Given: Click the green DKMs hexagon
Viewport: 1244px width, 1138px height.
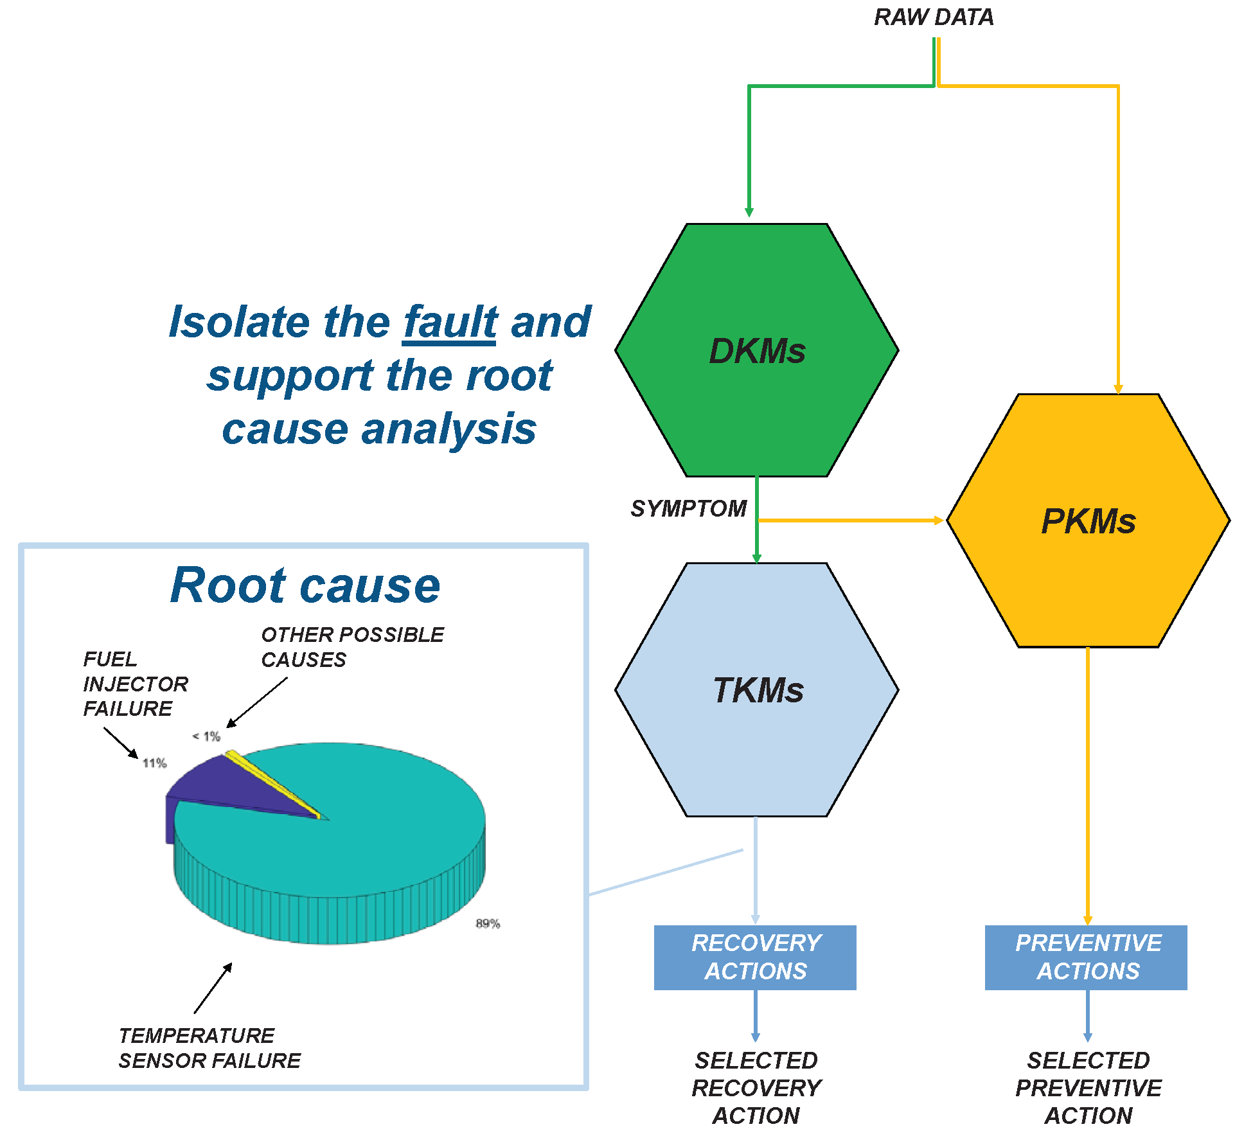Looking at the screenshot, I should [756, 350].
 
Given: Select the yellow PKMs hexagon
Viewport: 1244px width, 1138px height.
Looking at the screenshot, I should [1088, 520].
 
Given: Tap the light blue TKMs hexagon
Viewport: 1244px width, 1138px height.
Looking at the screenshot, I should [756, 690].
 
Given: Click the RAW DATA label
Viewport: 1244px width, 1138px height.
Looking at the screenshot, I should [934, 17].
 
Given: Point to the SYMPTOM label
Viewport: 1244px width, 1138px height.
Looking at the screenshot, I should [688, 508].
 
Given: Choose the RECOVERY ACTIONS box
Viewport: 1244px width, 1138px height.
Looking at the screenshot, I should [755, 957].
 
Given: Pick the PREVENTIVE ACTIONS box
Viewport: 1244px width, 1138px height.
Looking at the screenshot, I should [1086, 957].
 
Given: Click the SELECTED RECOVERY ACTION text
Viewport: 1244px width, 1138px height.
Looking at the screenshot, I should [756, 1088].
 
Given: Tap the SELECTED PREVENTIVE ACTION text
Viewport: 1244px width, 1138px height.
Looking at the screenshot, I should [1088, 1088].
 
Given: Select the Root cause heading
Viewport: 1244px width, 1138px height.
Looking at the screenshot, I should [305, 585].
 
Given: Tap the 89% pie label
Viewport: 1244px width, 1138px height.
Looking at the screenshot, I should [488, 923].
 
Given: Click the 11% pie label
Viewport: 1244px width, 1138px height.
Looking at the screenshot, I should [154, 763].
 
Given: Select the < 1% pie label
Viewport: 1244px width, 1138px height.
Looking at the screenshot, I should [206, 736].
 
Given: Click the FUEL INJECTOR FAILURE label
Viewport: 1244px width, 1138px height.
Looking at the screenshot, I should [135, 684].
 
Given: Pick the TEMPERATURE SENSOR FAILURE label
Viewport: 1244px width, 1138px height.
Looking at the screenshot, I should [209, 1048].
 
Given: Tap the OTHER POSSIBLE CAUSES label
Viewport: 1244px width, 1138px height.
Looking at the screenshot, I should [352, 647].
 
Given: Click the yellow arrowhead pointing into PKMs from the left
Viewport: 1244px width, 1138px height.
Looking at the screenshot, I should [938, 520].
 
